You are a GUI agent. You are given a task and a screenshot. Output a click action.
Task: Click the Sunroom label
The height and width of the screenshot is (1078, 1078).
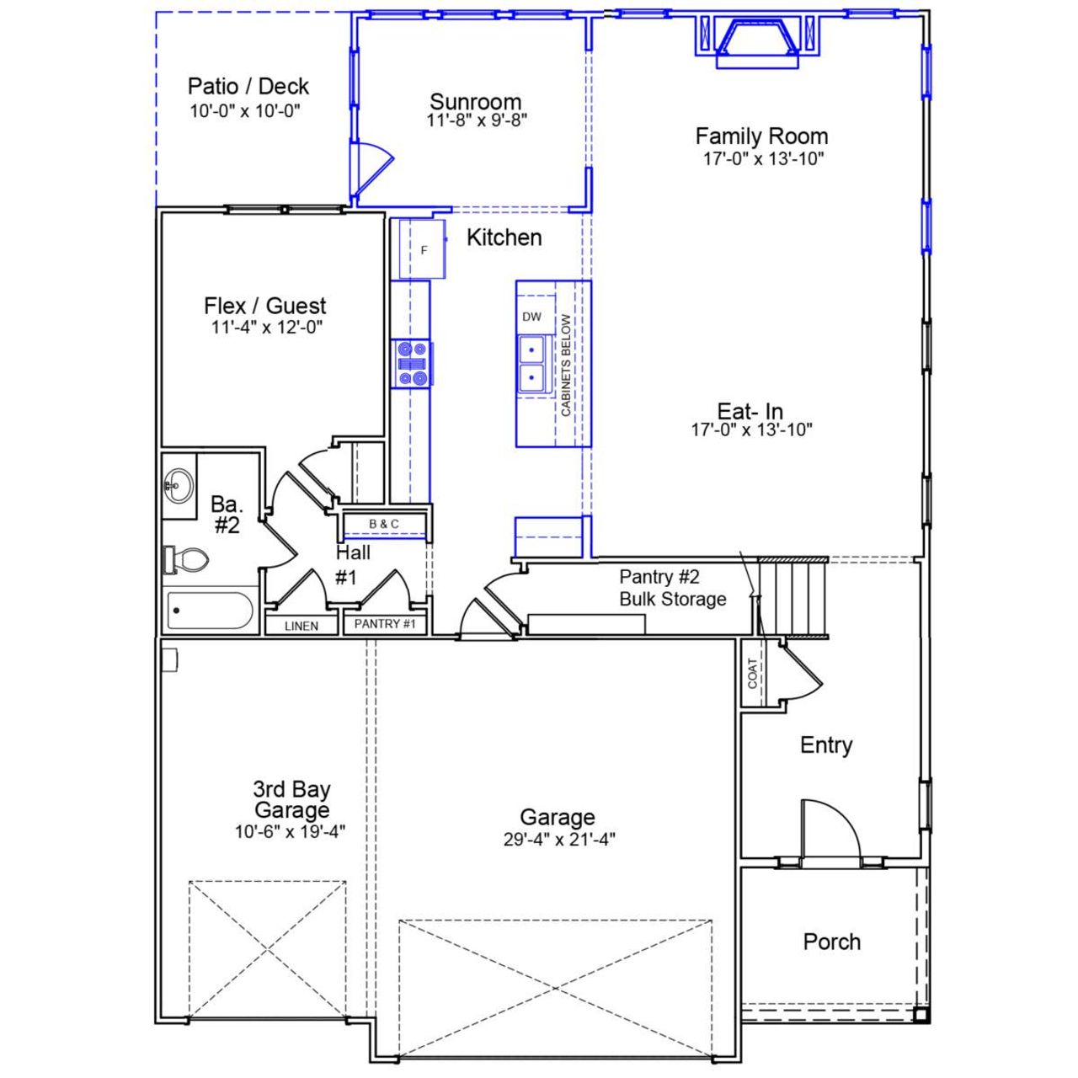[x=476, y=102]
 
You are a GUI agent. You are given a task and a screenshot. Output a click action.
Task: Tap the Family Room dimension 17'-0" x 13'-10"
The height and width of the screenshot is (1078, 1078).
[x=763, y=158]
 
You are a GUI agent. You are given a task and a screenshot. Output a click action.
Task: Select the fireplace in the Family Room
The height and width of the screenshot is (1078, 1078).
[x=756, y=42]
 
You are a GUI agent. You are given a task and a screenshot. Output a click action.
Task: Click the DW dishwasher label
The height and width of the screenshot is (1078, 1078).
[x=531, y=317]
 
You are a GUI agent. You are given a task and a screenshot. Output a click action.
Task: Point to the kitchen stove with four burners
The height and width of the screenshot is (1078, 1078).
[x=412, y=363]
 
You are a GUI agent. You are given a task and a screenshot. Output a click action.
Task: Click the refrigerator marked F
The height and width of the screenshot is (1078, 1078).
[x=423, y=249]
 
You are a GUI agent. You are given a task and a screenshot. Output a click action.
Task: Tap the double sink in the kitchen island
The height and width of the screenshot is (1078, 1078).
[x=531, y=364]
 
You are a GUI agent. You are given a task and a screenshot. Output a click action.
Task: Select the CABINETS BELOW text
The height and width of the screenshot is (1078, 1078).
[x=566, y=365]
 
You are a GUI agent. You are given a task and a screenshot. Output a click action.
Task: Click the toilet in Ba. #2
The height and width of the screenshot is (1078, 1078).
[x=186, y=559]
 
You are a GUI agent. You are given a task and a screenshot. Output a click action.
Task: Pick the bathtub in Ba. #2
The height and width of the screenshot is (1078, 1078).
[x=210, y=611]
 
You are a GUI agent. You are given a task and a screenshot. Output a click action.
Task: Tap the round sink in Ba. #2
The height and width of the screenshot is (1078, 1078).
[x=177, y=483]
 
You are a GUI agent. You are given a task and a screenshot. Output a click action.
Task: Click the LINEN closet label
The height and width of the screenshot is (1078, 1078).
[x=302, y=626]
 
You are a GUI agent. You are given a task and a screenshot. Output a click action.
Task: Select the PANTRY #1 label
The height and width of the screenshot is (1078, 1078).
[x=385, y=624]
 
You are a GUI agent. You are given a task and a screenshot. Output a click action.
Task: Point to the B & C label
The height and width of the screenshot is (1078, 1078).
[x=384, y=524]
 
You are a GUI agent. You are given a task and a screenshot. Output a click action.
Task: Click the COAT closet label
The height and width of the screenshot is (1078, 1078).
[x=753, y=673]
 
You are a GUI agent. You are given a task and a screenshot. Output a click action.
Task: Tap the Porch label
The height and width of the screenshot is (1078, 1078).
[x=831, y=942]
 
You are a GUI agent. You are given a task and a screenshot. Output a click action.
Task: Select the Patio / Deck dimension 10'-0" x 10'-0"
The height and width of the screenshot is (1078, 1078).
[x=245, y=111]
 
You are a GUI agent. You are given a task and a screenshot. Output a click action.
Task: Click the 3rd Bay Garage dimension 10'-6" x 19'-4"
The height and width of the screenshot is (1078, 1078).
[x=291, y=832]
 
